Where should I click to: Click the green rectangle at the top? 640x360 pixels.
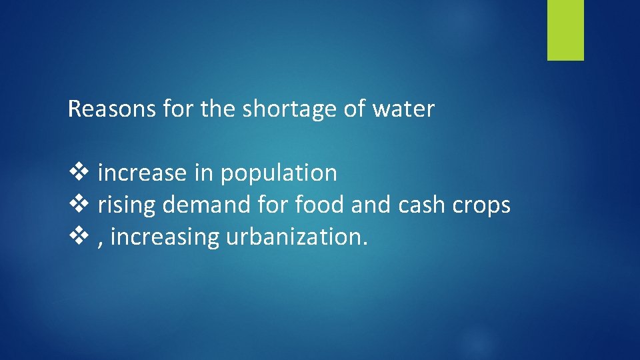pyautogui.click(x=565, y=29)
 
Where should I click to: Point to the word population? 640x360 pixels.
pyautogui.click(x=279, y=174)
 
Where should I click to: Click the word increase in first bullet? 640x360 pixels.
pyautogui.click(x=142, y=173)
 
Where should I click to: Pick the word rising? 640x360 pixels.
pyautogui.click(x=127, y=205)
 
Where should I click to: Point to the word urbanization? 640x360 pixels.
pyautogui.click(x=297, y=237)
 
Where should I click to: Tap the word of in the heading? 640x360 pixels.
pyautogui.click(x=353, y=109)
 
